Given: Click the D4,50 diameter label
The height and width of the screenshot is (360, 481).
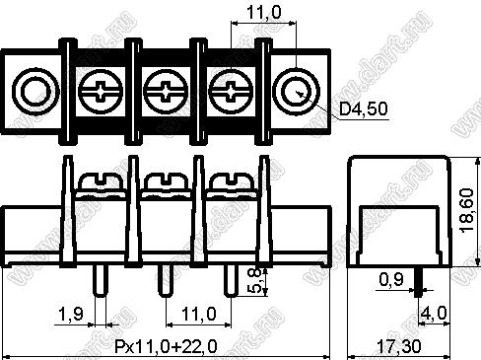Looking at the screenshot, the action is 364,109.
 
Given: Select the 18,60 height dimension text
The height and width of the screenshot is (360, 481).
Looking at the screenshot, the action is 467,210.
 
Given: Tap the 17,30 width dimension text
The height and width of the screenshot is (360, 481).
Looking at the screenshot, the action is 398,347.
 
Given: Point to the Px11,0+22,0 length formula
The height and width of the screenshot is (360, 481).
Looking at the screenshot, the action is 166,346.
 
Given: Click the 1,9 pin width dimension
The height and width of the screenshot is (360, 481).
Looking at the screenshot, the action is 70,314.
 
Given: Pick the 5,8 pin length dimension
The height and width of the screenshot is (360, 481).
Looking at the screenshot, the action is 254,280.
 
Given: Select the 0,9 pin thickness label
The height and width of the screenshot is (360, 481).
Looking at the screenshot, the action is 391,279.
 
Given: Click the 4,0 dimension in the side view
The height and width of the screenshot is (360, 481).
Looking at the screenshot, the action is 434,313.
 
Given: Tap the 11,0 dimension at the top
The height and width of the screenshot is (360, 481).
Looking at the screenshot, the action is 263,13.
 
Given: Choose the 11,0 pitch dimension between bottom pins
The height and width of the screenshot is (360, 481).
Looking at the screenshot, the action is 199,314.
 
